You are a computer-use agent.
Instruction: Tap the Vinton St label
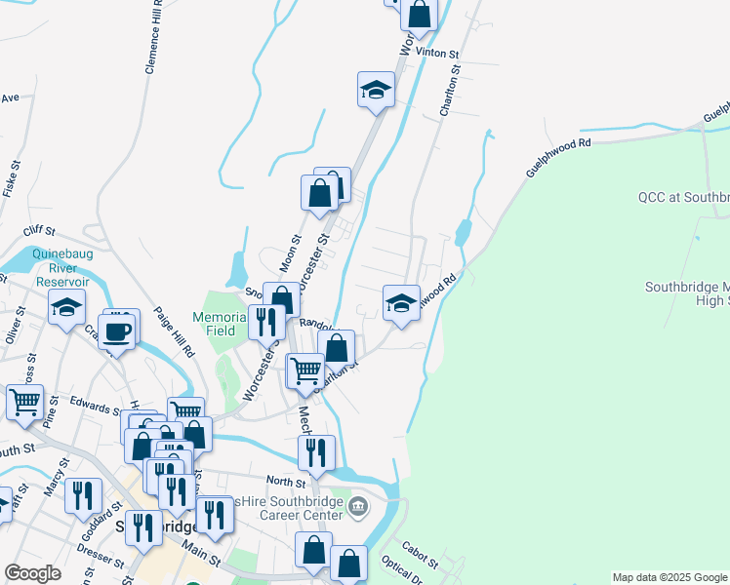point(436,51)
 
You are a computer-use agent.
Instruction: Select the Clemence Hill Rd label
point(154,37)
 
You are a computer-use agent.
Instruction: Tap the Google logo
point(32,573)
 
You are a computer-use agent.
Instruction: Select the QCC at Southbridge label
point(683,197)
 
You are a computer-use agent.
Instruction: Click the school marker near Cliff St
point(66,308)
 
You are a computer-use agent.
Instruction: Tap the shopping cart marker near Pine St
point(24,401)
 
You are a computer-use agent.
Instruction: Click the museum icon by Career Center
point(357,507)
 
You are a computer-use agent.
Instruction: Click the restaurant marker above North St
point(316,453)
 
